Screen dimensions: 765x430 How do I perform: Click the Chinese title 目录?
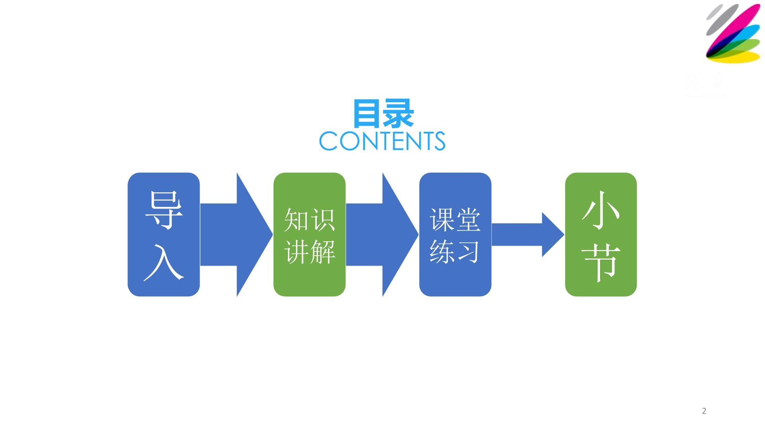[383, 114]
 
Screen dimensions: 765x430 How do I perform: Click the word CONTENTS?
[382, 141]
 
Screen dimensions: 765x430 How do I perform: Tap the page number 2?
[704, 411]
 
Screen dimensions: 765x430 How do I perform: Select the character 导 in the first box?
[164, 210]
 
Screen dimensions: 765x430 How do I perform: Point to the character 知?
[297, 220]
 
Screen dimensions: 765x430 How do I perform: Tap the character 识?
[322, 220]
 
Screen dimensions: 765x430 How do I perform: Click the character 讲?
[297, 252]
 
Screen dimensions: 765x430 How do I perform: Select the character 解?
[322, 252]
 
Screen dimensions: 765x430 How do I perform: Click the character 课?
[443, 220]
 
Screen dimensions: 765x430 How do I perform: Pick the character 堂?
[468, 220]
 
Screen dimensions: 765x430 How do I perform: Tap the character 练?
[443, 252]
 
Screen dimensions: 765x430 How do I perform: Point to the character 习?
[468, 252]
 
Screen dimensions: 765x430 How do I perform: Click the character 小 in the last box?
[601, 210]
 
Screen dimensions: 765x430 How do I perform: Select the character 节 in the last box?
[601, 263]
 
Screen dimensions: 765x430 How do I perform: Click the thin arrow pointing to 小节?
[528, 235]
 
